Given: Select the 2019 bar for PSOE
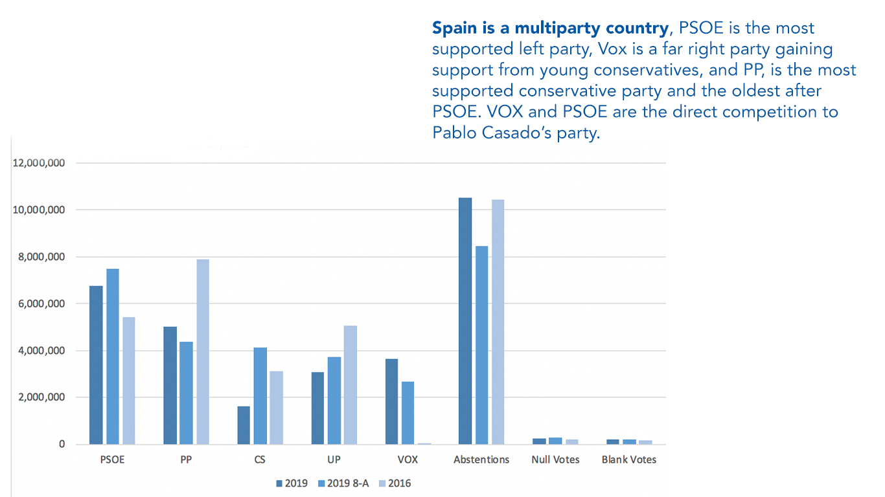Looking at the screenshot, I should [x=96, y=365].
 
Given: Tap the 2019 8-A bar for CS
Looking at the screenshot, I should [x=260, y=395].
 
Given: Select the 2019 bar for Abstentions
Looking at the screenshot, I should [x=465, y=321].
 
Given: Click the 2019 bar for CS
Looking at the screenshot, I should [x=244, y=425].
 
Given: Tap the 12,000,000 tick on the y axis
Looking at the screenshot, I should [x=39, y=163].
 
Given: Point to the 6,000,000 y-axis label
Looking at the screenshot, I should [x=39, y=304].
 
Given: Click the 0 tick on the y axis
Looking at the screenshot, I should [x=62, y=445].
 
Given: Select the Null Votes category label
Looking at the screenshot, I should [x=555, y=459].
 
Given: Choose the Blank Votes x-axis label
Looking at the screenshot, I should [x=628, y=459].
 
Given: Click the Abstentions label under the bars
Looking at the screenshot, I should [x=481, y=459].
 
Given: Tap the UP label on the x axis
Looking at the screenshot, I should [x=334, y=459].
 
